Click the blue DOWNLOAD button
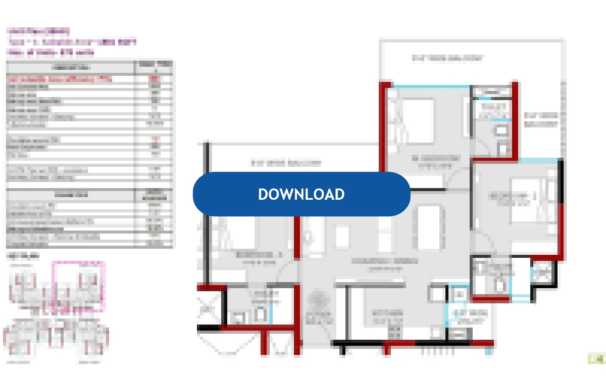(x=301, y=194)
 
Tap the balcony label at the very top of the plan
(x=447, y=58)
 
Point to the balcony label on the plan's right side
(x=541, y=120)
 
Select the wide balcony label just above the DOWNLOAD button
(x=286, y=163)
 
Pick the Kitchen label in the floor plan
(x=388, y=317)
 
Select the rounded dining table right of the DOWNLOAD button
(x=429, y=227)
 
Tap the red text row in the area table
(x=61, y=79)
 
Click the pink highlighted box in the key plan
(x=79, y=286)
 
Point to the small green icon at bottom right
(x=596, y=358)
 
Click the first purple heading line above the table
(x=38, y=31)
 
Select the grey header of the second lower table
(x=71, y=195)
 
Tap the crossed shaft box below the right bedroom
(x=542, y=273)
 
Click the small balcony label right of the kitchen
(x=470, y=317)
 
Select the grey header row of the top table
(x=71, y=67)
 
